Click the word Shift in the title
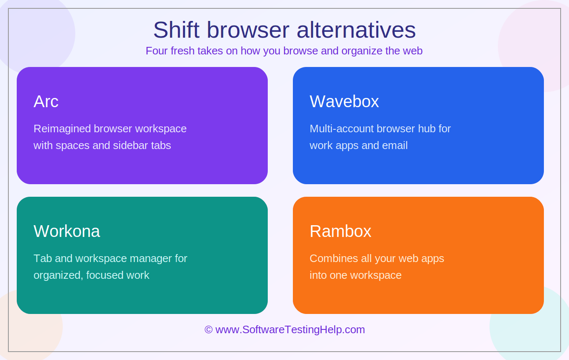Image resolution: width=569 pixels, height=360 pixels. [x=176, y=30]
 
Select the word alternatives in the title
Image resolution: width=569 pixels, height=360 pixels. [x=356, y=30]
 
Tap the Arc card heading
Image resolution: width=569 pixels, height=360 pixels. [x=46, y=101]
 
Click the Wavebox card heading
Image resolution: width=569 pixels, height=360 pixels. [x=344, y=101]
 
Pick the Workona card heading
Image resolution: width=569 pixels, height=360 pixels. [x=67, y=231]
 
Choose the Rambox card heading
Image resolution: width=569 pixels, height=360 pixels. [x=341, y=231]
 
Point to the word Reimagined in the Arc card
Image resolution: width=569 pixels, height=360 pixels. [x=62, y=129]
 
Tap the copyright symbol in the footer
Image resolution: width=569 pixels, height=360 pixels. [x=208, y=330]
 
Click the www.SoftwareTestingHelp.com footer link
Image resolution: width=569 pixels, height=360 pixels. [x=290, y=330]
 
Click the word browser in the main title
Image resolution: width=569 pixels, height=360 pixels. [x=248, y=30]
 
